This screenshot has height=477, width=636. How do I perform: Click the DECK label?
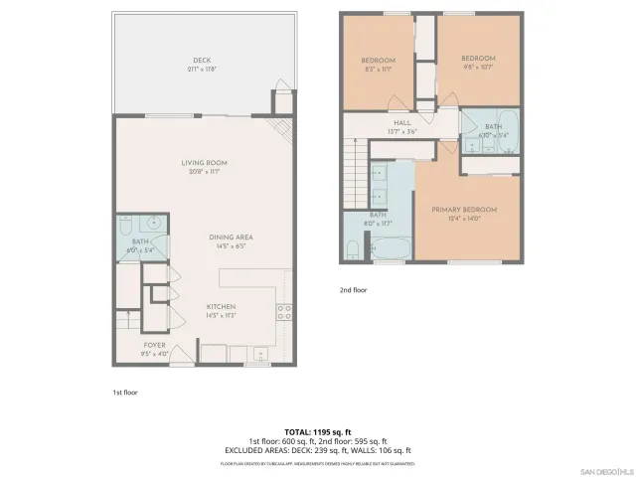coord(201,62)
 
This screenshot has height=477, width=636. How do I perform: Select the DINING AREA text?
coord(231,237)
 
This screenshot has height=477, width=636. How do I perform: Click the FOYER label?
coord(154,345)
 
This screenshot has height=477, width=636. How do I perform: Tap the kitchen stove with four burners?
coord(282,313)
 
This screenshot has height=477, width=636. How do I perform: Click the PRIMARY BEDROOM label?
coord(463,210)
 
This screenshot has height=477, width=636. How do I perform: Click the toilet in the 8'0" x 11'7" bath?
coord(354,245)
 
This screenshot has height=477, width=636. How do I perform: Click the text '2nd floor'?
coord(354,290)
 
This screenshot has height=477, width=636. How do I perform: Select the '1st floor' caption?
coord(124,393)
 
